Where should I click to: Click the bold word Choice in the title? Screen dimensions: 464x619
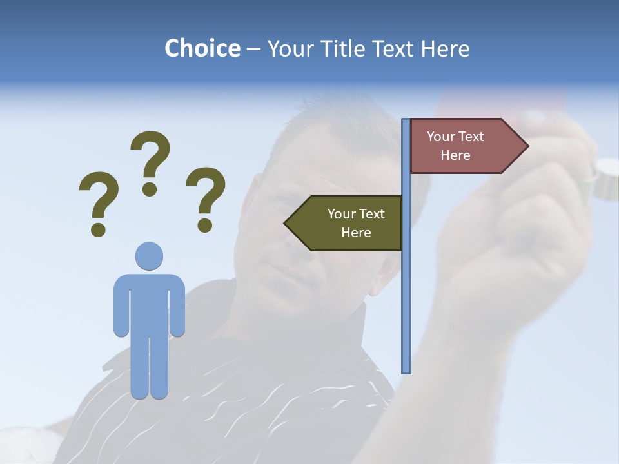(x=202, y=48)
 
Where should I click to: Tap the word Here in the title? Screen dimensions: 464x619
(x=445, y=48)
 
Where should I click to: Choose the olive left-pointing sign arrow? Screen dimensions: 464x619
(x=348, y=223)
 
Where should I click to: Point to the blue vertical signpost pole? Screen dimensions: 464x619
(x=406, y=290)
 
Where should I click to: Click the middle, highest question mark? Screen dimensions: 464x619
(x=151, y=158)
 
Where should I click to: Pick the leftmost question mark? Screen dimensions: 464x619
(x=99, y=200)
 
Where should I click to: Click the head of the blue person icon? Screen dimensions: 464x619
(x=149, y=256)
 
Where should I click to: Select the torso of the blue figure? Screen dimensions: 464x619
(x=149, y=303)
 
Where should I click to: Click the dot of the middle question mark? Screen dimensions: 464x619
(x=150, y=189)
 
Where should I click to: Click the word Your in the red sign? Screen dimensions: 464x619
(x=440, y=137)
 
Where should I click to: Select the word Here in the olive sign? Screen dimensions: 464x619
(x=356, y=233)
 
